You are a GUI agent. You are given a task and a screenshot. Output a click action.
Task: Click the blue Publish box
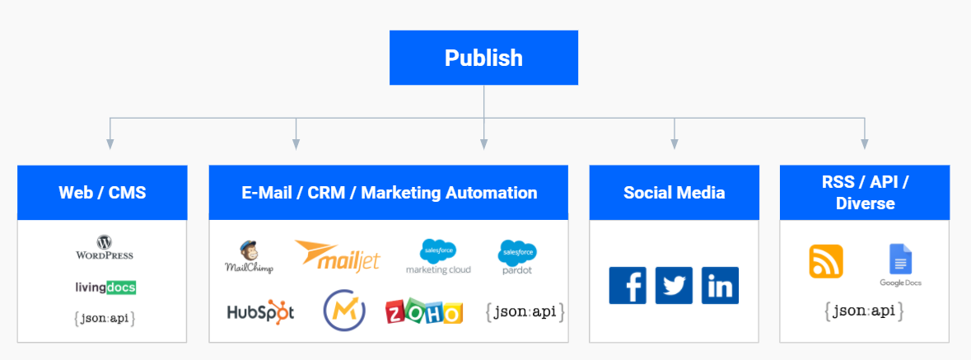point(483,58)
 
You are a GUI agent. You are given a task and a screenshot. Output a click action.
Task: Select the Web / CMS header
point(102,193)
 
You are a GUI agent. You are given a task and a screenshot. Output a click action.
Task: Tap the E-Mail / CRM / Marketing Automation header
point(388,193)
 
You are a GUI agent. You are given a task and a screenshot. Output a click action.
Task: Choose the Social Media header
point(674,193)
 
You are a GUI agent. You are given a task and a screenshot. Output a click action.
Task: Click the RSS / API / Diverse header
point(864,193)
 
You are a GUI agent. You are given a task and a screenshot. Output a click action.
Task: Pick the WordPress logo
point(104,248)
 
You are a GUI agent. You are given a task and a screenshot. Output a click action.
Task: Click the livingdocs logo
point(104,288)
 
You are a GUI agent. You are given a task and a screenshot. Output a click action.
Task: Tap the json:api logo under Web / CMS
point(104,317)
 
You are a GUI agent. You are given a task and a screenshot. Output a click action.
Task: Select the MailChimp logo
point(249,257)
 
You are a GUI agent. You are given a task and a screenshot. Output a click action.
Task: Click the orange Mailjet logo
point(338,255)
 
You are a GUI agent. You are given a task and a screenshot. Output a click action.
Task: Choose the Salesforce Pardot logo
point(517,257)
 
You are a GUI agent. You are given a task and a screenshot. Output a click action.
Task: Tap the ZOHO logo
point(424,312)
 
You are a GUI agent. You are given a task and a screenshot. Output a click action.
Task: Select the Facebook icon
point(628,286)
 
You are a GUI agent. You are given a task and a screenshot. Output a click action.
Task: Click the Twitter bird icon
point(674,286)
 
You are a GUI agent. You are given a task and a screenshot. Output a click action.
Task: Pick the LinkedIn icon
point(720,286)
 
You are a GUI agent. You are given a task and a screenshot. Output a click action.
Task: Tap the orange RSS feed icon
point(826,261)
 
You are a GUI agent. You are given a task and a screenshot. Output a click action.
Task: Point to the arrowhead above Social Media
point(675,144)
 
